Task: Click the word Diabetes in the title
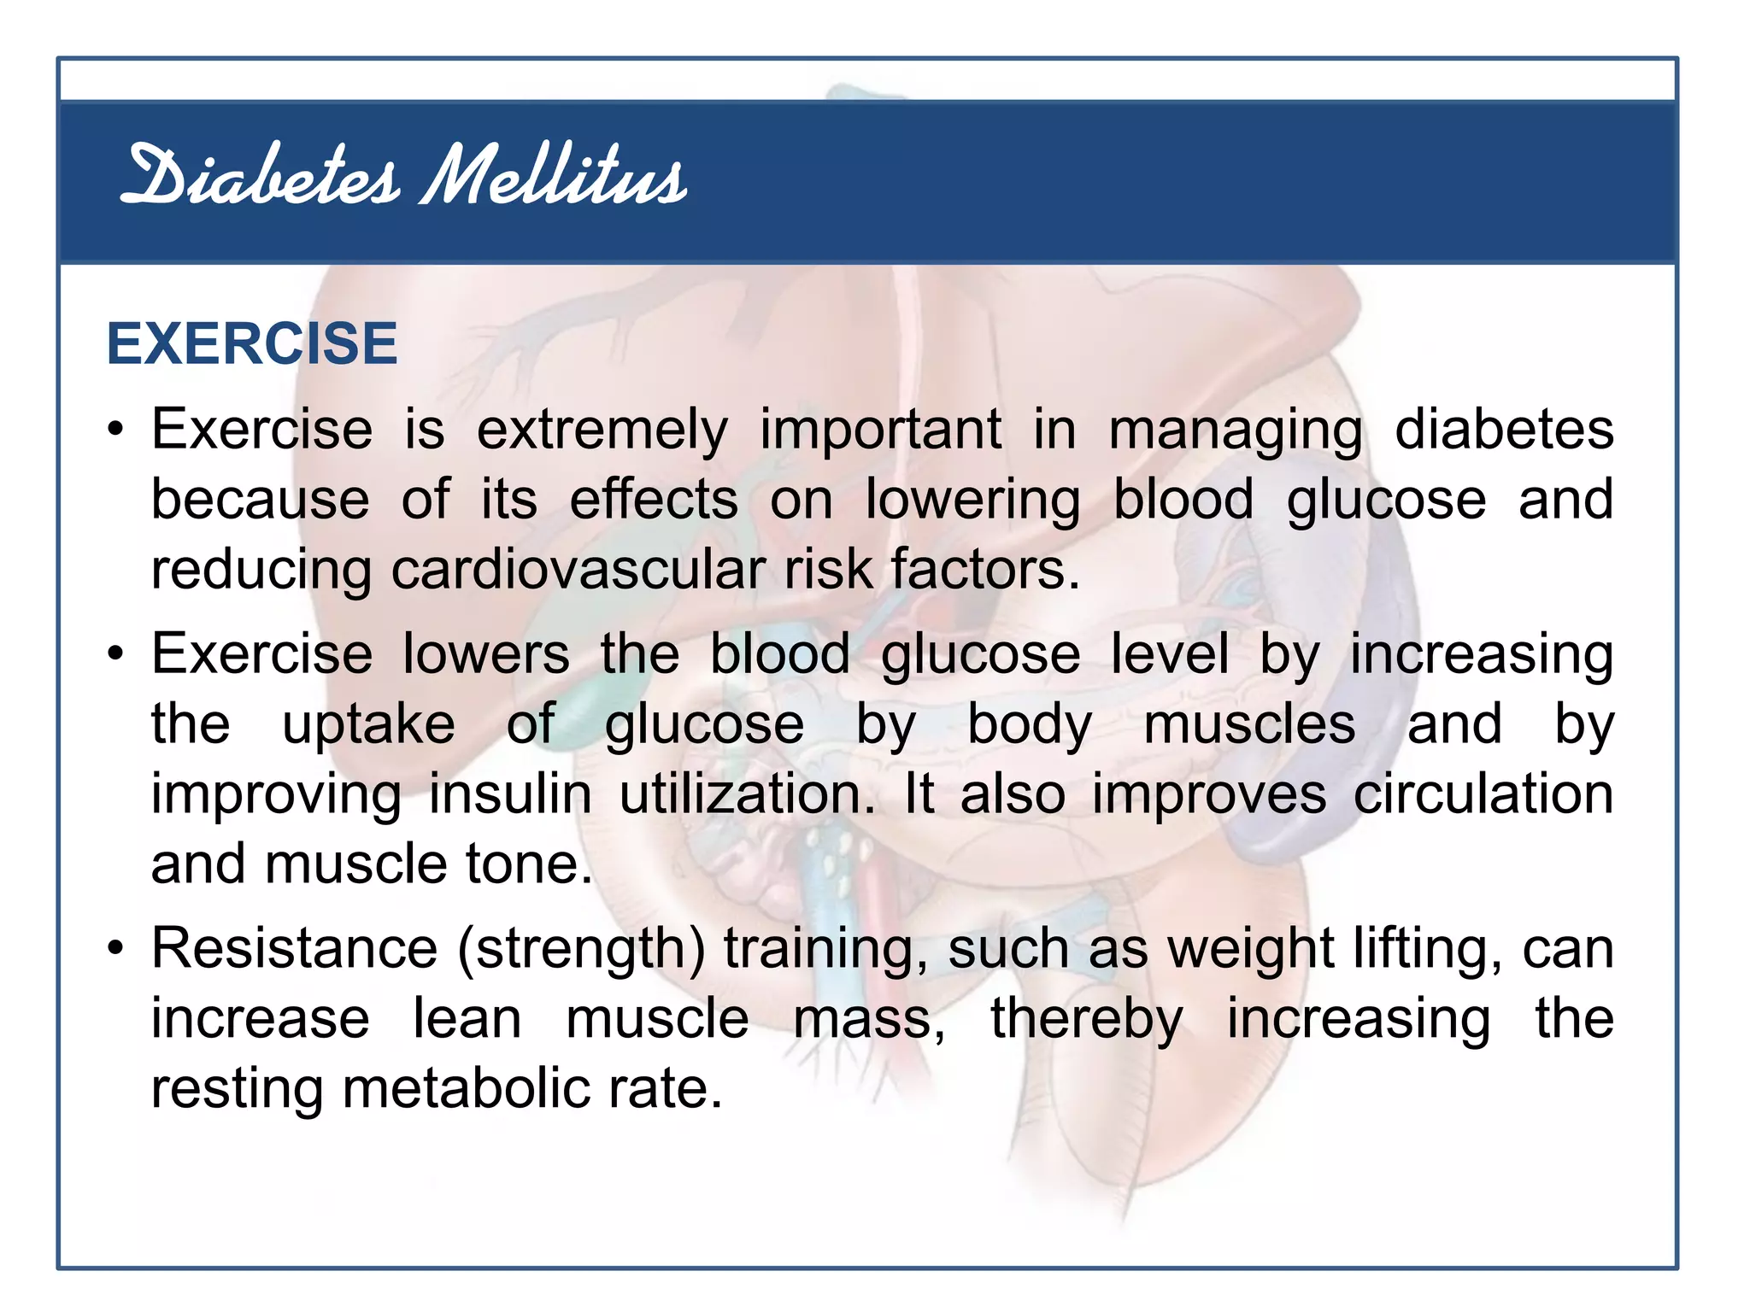[261, 177]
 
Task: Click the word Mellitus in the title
[554, 177]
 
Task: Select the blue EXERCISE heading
[252, 343]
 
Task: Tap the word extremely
[602, 430]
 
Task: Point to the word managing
[1236, 431]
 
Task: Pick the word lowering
[972, 501]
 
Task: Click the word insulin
[510, 794]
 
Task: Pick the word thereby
[1087, 1021]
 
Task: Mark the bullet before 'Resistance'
[116, 948]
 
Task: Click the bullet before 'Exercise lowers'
[116, 654]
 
